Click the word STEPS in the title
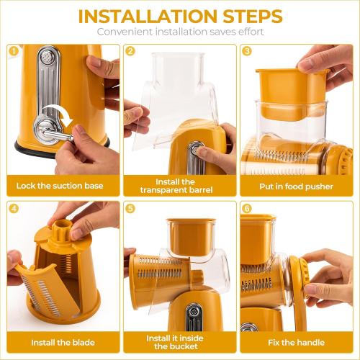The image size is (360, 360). (246, 16)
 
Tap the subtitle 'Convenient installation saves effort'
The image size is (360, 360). (179, 32)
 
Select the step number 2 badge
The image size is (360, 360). (130, 51)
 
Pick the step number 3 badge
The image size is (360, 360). (247, 51)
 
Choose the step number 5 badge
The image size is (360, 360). (130, 209)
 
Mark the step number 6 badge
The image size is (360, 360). (247, 209)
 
